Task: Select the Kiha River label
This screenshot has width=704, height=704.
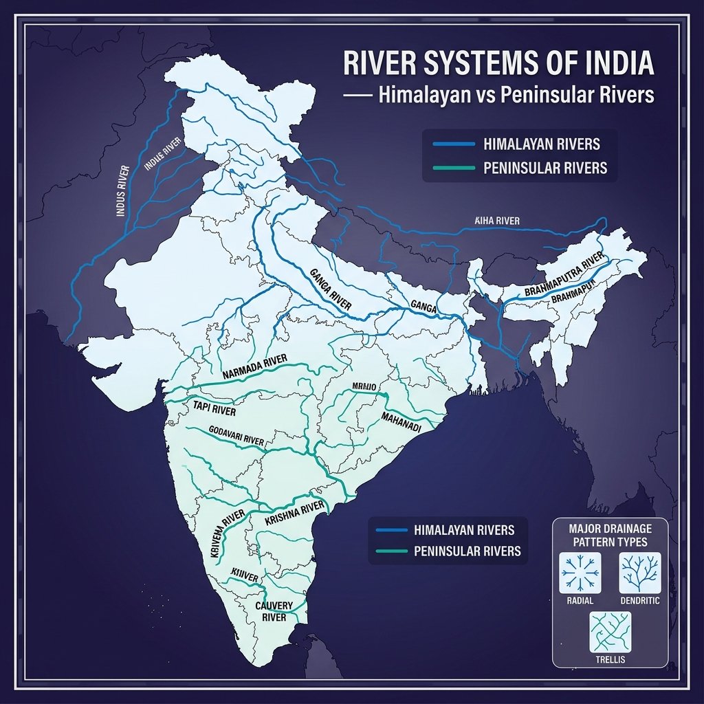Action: [x=497, y=221]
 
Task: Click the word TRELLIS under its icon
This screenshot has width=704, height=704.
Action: [x=610, y=660]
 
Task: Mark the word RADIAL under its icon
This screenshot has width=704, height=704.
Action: [x=581, y=600]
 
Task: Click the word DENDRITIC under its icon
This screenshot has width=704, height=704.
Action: [x=639, y=600]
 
